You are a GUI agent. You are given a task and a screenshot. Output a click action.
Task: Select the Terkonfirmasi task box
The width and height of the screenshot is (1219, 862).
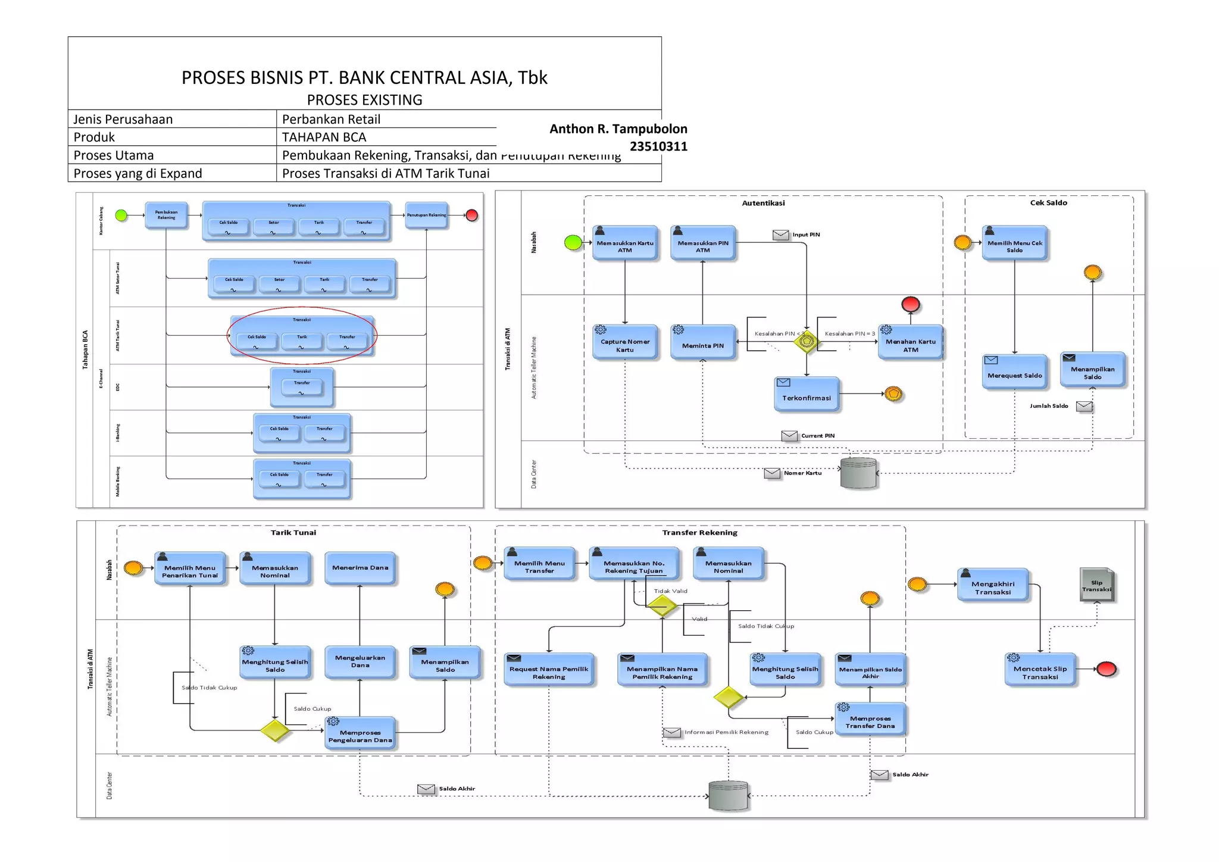(x=807, y=395)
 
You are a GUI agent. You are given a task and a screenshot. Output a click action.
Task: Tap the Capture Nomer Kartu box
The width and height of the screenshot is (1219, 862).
(x=625, y=342)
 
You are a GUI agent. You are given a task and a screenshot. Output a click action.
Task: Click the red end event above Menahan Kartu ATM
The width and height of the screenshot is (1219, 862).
(x=910, y=304)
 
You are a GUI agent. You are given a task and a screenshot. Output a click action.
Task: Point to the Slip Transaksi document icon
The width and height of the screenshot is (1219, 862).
(x=1096, y=585)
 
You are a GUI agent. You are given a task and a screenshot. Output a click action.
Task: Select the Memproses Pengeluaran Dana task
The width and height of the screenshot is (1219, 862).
(x=360, y=733)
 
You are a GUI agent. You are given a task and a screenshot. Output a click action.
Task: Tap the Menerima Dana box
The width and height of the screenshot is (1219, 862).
(x=360, y=568)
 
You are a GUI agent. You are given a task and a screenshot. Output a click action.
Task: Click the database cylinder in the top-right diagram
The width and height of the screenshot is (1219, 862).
(x=858, y=473)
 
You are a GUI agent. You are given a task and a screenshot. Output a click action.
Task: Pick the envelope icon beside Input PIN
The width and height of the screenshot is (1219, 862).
(x=780, y=235)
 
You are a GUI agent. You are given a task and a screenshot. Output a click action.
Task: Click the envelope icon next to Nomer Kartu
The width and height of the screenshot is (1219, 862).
(x=772, y=473)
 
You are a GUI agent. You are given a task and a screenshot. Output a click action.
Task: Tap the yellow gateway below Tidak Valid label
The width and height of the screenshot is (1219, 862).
(x=662, y=607)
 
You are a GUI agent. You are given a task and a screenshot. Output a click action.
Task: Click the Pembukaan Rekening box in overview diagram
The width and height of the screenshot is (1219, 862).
(x=166, y=215)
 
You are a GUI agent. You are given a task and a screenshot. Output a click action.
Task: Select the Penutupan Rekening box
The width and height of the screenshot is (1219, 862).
(x=426, y=215)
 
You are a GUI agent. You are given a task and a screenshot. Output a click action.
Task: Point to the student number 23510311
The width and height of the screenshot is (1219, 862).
(x=658, y=146)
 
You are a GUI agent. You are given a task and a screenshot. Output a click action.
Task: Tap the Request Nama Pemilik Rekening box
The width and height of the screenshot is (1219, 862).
(x=548, y=670)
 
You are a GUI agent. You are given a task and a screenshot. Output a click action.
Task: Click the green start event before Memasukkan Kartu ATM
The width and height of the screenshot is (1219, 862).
(x=573, y=242)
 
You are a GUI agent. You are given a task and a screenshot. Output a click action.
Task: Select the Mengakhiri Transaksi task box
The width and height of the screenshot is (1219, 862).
(x=993, y=585)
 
